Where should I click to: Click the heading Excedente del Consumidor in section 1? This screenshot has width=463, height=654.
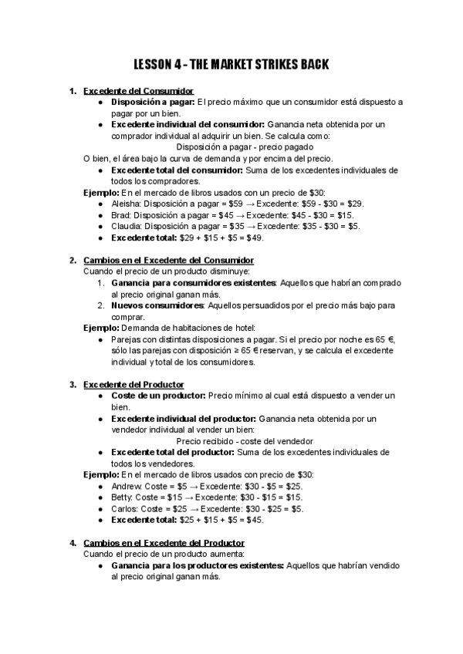(x=138, y=91)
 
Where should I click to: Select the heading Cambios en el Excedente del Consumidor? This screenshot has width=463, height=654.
(x=168, y=260)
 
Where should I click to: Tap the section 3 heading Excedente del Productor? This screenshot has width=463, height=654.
(x=133, y=384)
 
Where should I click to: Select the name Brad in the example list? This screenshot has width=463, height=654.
(x=122, y=215)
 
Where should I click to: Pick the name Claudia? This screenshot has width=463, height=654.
(x=127, y=226)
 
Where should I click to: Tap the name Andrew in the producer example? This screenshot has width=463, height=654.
(x=127, y=487)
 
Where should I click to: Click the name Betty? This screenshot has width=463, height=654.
(x=123, y=498)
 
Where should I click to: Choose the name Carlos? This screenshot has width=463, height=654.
(x=125, y=509)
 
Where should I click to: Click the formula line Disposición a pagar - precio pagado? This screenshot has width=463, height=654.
(x=245, y=147)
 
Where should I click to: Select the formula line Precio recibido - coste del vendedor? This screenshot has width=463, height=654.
(x=245, y=441)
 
